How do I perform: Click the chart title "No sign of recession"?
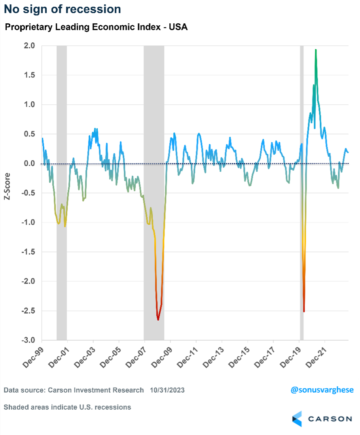tap(63, 9)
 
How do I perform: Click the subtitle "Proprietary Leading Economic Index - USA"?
tap(96, 28)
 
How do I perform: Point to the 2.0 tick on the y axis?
tap(30, 46)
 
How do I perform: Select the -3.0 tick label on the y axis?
tap(28, 340)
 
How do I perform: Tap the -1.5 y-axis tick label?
tap(28, 252)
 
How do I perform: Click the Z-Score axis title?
tap(8, 186)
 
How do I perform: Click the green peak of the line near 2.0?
tap(316, 50)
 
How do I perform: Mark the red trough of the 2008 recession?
tap(158, 319)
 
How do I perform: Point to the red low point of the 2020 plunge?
tap(304, 311)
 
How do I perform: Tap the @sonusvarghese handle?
tap(322, 390)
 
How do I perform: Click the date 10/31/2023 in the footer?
tap(167, 390)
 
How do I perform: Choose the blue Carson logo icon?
tap(297, 419)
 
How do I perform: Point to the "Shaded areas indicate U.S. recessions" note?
tap(67, 407)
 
